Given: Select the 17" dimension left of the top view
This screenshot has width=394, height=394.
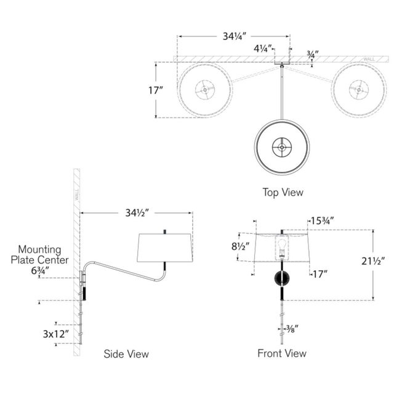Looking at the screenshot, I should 156,90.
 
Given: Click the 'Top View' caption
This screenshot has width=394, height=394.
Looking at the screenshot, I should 283,192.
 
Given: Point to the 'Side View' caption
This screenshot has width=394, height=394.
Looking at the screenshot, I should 126,354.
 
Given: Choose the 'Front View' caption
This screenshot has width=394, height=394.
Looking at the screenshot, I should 282,353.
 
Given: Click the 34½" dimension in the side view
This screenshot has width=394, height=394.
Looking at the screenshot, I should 135,214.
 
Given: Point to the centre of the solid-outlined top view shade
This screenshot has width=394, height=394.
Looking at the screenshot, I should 282,147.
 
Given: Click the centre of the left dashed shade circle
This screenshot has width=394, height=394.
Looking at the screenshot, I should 205,90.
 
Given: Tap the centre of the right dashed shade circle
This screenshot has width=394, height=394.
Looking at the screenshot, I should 358,90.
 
